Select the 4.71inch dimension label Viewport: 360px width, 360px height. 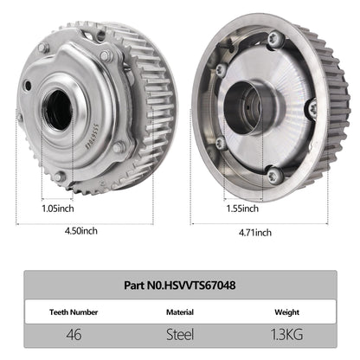tap(254, 232)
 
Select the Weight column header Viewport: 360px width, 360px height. tap(286, 309)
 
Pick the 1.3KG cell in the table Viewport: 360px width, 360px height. tap(286, 332)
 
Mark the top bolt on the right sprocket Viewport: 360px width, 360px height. tap(275, 37)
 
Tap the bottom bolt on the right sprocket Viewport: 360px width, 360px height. tap(273, 176)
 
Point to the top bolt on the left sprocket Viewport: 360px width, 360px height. tap(106, 55)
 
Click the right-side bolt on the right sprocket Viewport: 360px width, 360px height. tap(312, 109)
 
